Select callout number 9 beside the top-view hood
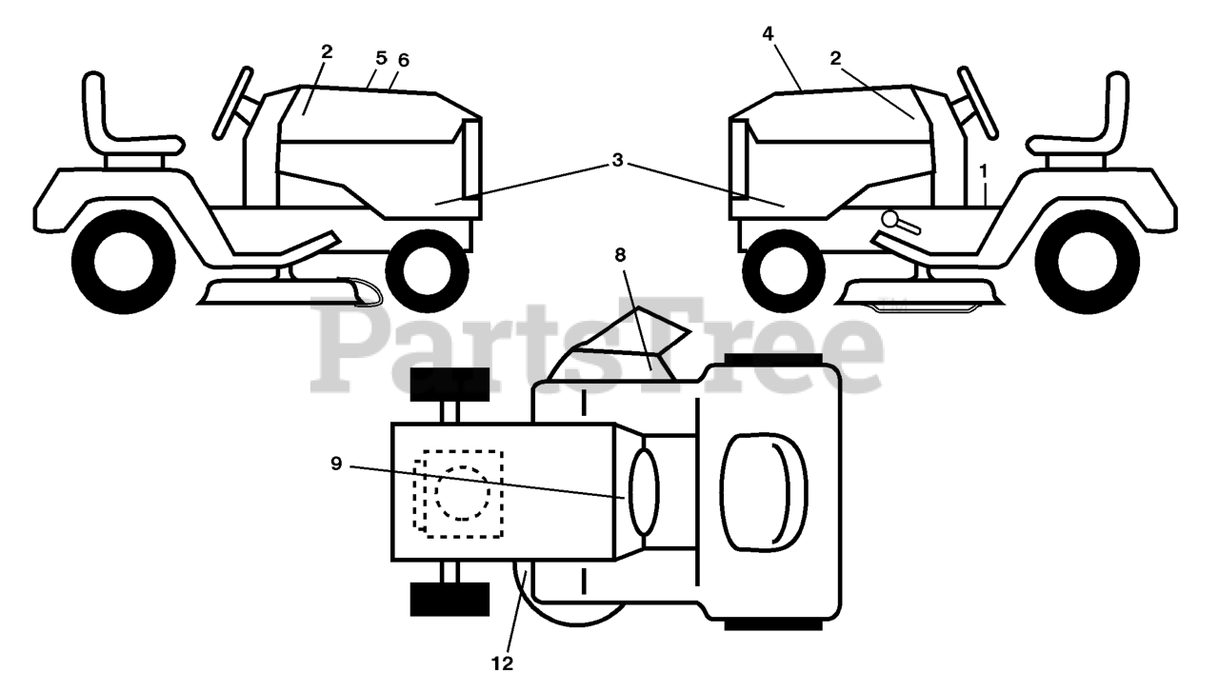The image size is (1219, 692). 336,464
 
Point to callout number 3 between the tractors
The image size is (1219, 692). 617,160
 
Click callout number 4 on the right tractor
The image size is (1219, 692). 768,33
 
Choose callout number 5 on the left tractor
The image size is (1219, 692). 381,58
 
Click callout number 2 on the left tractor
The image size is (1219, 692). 327,51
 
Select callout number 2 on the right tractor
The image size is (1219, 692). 835,58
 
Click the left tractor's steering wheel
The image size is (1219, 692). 232,102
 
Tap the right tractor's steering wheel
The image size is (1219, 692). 977,102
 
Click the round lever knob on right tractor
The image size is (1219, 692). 889,219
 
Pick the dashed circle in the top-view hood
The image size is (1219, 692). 463,492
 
